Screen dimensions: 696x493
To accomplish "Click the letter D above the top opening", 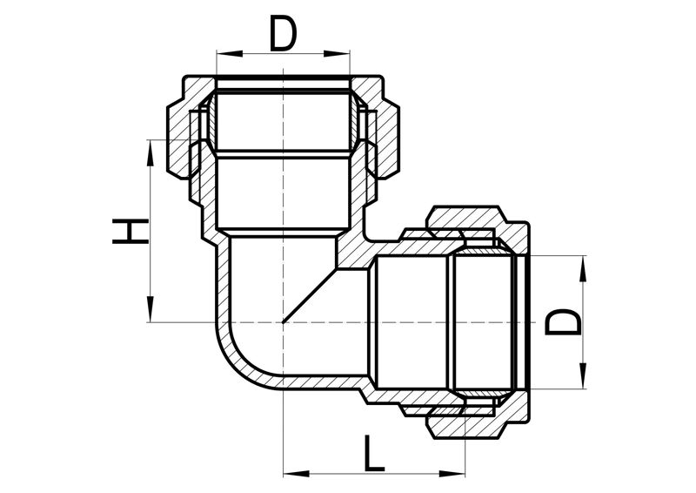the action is click(x=283, y=35).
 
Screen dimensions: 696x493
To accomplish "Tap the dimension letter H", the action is click(x=130, y=231).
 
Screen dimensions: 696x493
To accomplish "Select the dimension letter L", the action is click(x=374, y=454).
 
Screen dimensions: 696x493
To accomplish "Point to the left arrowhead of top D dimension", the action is click(x=230, y=53).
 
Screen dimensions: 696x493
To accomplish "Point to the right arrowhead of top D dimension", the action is click(x=337, y=53).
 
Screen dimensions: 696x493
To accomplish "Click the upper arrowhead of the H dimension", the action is click(x=151, y=153).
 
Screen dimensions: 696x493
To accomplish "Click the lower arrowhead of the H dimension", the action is click(x=151, y=308).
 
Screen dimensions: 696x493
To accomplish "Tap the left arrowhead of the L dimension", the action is click(x=297, y=474).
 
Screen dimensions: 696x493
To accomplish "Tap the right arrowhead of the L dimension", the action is click(x=452, y=474).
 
